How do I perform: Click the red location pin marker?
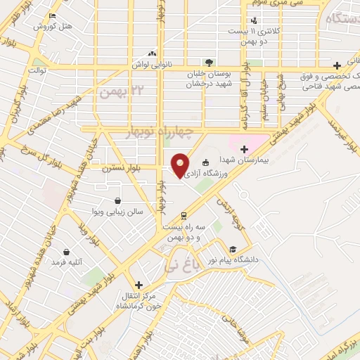click(x=181, y=165)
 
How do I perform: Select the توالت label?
click(x=37, y=70)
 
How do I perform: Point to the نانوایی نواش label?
click(x=149, y=65)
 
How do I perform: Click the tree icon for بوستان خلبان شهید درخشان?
click(x=207, y=62)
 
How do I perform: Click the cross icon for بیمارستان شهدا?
click(x=244, y=148)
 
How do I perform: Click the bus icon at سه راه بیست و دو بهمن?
click(x=184, y=215)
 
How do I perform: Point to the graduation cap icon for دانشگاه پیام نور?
click(x=231, y=249)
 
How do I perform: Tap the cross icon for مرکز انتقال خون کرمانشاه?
click(x=139, y=285)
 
